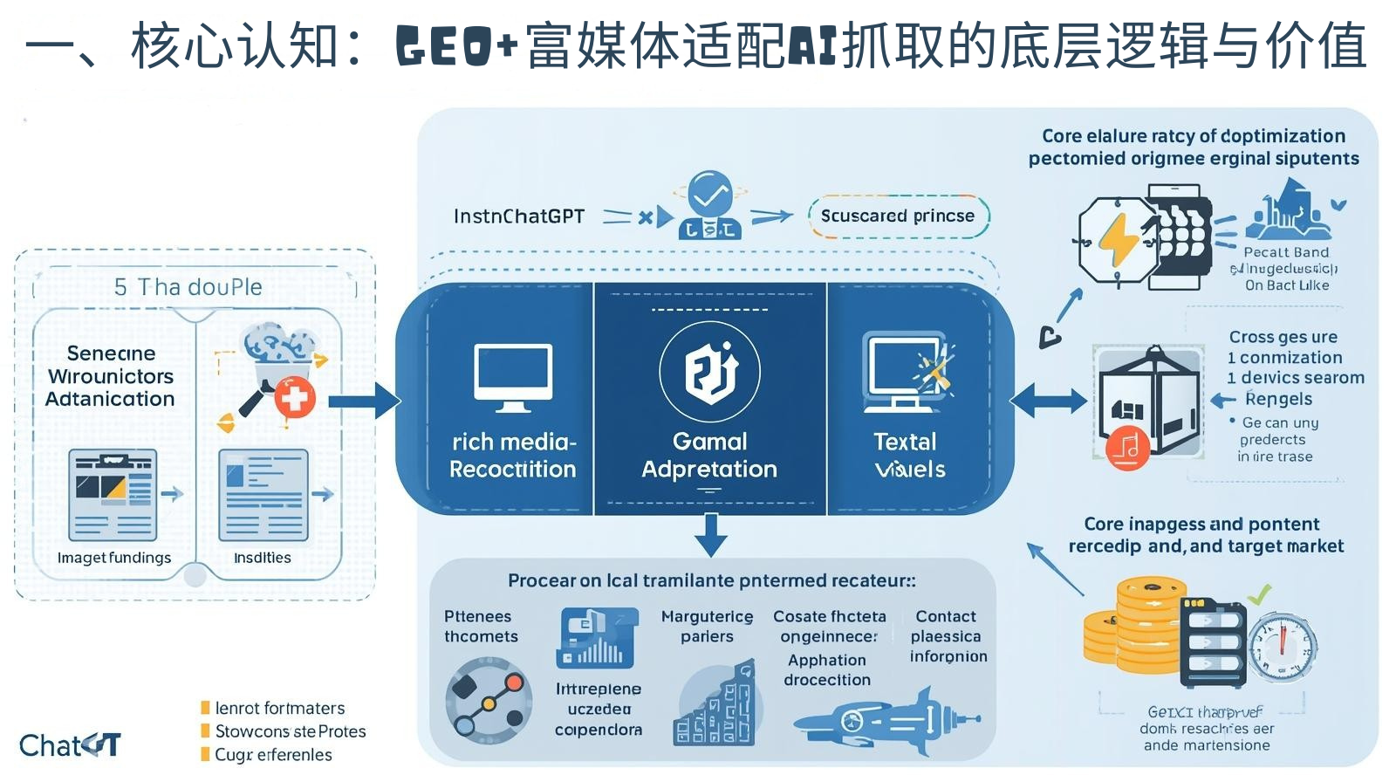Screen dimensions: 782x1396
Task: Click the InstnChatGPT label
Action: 519,216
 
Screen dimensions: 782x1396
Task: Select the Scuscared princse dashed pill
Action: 898,216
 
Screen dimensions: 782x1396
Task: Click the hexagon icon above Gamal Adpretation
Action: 710,372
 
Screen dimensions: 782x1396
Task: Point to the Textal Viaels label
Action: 908,456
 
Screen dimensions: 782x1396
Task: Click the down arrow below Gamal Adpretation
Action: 711,534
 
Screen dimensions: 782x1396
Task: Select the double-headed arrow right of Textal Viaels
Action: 1048,401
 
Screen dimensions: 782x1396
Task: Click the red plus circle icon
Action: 295,399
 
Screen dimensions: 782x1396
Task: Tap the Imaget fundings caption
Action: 114,558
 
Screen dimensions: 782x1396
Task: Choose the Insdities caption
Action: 263,558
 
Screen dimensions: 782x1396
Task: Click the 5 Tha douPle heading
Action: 188,287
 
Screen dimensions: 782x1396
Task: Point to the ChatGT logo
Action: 70,745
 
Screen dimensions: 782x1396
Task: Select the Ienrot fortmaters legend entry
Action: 279,709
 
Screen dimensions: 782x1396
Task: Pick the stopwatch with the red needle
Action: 1282,648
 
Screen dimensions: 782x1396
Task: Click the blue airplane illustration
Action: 886,721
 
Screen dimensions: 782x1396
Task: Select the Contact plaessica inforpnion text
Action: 948,636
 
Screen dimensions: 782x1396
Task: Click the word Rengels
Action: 1278,399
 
